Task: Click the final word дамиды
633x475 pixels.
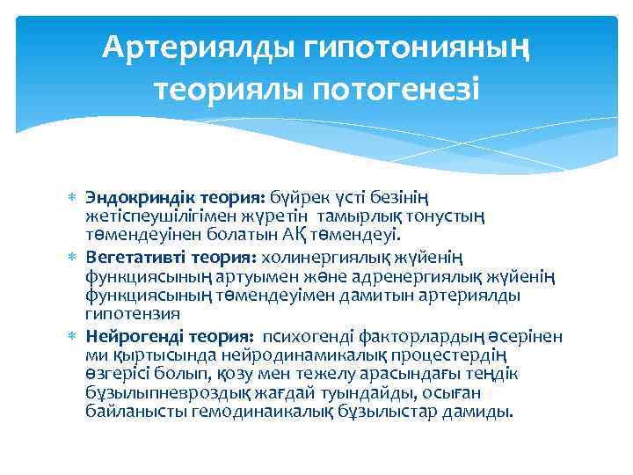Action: (481, 411)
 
